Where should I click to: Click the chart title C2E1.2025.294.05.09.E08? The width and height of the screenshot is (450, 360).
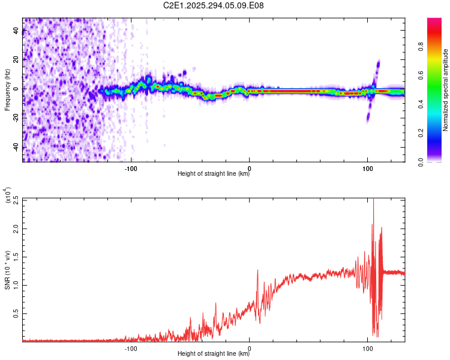pyautogui.click(x=214, y=6)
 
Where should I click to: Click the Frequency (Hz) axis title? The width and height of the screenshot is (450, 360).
pyautogui.click(x=8, y=90)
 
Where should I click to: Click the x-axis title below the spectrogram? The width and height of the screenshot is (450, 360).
pyautogui.click(x=214, y=174)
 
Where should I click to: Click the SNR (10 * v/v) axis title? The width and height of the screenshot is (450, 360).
pyautogui.click(x=8, y=270)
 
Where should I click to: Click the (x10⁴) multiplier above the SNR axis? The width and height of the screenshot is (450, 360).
pyautogui.click(x=8, y=196)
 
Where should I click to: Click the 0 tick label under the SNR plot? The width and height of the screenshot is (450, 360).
pyautogui.click(x=250, y=348)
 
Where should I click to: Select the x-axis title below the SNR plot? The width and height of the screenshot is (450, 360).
pyautogui.click(x=214, y=354)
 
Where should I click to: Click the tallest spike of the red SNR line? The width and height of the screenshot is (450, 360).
pyautogui.click(x=373, y=200)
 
